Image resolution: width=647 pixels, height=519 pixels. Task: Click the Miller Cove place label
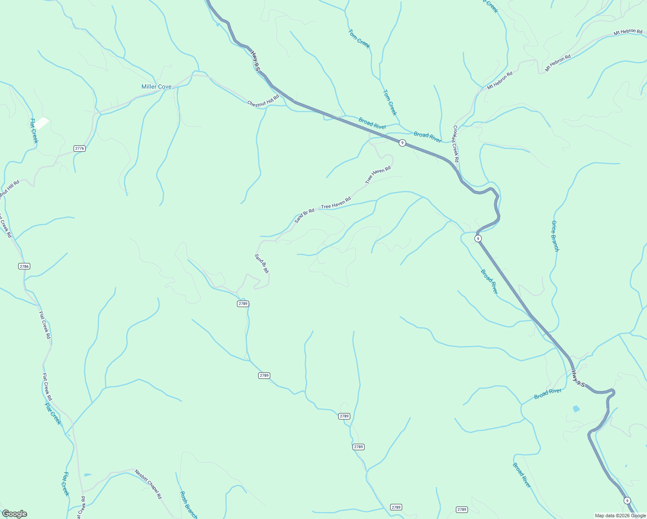point(156,87)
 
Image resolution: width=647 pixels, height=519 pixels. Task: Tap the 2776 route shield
point(80,148)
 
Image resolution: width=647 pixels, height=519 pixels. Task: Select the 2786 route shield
point(24,266)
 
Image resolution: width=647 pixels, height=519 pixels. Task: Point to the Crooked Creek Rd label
point(456,144)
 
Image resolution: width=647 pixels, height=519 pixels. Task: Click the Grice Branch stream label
point(555,236)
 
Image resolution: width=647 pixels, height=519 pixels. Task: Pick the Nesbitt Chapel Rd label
point(148,484)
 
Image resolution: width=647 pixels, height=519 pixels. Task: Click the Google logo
point(14,514)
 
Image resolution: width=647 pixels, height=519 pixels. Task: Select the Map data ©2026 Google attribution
point(620,516)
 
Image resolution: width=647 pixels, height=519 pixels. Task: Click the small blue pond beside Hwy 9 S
point(576,409)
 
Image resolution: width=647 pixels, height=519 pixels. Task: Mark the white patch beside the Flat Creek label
point(42,123)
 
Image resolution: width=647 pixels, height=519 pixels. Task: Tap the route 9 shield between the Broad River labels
point(402,143)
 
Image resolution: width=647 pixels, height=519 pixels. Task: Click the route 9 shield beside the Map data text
point(627,500)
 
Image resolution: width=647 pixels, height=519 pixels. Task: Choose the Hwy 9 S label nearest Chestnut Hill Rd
point(256,61)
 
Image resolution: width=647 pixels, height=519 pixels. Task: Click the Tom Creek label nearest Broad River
point(389,103)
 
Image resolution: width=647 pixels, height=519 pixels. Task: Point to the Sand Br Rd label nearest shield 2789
point(262,263)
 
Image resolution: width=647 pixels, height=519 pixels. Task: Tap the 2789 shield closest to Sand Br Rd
point(243,304)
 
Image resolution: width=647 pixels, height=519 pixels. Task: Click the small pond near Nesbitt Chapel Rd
point(88,475)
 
